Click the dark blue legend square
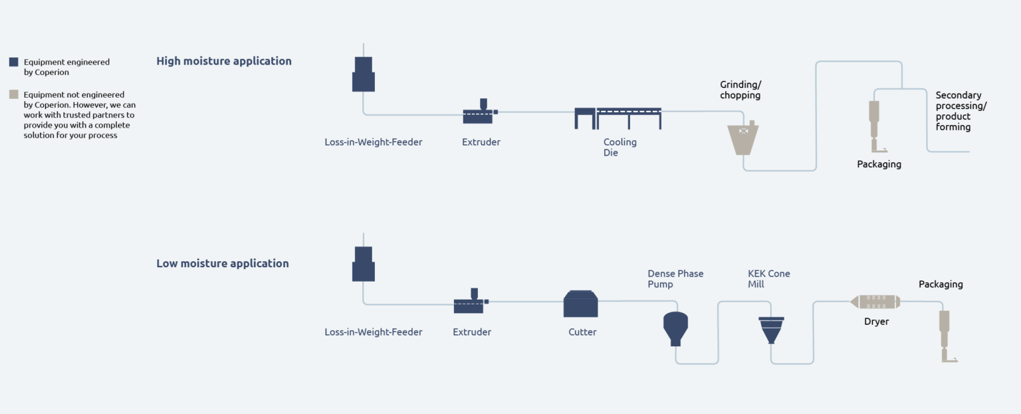(x=13, y=62)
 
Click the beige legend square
(x=13, y=94)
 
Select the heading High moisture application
(x=224, y=61)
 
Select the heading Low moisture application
(x=223, y=263)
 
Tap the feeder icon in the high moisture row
(x=363, y=74)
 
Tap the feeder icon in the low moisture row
(x=363, y=264)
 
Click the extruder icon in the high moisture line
(x=479, y=112)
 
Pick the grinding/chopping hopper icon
(x=744, y=138)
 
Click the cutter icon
(x=580, y=304)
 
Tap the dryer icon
(x=875, y=302)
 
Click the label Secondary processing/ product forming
(x=961, y=111)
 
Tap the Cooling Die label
(x=620, y=148)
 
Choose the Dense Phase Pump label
(x=675, y=279)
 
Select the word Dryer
(x=876, y=322)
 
